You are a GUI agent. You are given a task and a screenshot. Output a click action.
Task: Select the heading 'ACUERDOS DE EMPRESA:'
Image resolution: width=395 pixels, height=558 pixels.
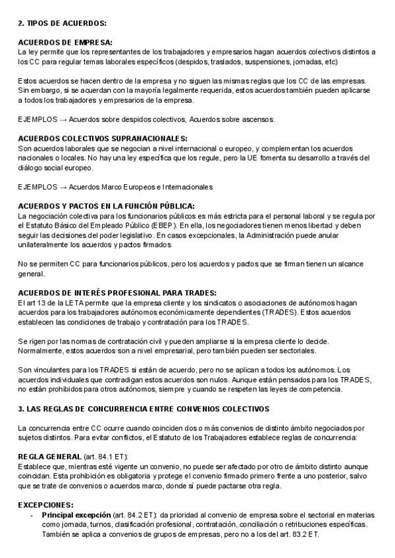[x=65, y=42]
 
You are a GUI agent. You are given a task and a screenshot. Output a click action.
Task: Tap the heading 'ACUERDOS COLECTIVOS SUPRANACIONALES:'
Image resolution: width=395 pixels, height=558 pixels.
[x=103, y=139]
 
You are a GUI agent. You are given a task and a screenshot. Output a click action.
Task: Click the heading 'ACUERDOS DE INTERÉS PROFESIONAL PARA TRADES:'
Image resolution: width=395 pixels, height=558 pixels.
[x=117, y=293]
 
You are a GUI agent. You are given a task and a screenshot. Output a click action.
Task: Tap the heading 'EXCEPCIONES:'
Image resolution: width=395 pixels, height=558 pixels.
[x=45, y=504]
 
